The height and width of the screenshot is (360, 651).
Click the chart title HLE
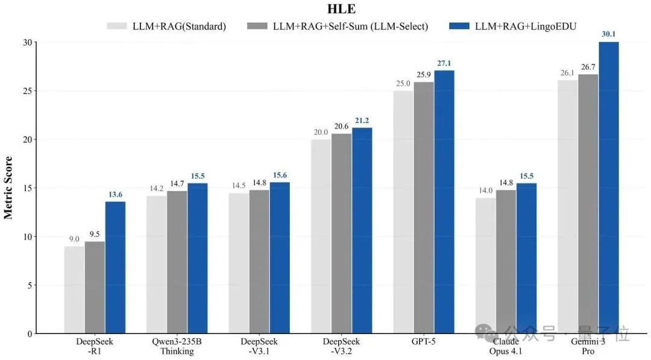(x=326, y=9)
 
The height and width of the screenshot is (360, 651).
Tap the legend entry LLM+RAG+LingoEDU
(x=514, y=26)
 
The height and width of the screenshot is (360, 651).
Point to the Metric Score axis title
(x=8, y=188)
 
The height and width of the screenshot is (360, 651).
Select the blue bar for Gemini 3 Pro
(x=608, y=188)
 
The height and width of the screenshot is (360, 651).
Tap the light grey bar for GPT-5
(x=403, y=212)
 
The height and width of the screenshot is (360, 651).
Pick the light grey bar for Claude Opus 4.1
(x=486, y=265)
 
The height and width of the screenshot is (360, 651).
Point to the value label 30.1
(x=608, y=34)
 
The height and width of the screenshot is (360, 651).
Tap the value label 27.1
(x=444, y=63)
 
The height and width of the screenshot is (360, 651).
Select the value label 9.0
(x=74, y=239)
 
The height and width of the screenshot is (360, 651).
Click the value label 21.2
(x=362, y=120)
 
